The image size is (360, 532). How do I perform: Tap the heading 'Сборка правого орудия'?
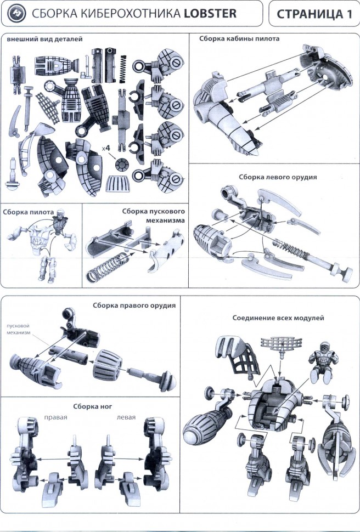tap(134, 305)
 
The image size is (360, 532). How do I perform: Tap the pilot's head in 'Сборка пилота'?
tap(60, 216)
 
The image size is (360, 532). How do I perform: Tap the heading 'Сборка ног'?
tap(91, 406)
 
